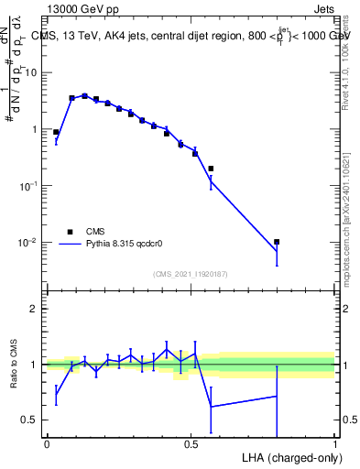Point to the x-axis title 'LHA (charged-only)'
point(289,456)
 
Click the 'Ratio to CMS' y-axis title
point(14,364)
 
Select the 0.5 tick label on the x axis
point(191,443)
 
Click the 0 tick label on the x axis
point(47,443)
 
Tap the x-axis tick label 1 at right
point(335,443)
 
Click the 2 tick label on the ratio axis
point(35,309)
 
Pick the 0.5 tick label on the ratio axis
point(30,420)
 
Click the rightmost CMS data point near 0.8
point(277,242)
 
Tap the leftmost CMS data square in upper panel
point(56,132)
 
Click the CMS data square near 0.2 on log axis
point(211,169)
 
